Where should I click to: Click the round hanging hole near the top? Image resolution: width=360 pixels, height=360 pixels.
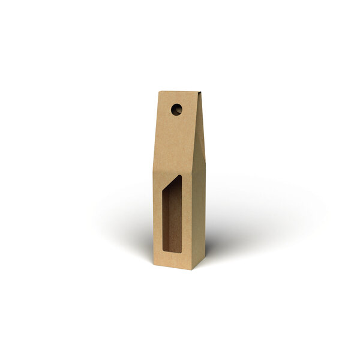click(x=176, y=109)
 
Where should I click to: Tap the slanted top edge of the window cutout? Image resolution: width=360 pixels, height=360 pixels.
click(x=173, y=184)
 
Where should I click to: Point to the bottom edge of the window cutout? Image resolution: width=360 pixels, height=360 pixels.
click(x=172, y=252)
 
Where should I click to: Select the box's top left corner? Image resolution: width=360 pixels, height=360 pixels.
click(x=160, y=92)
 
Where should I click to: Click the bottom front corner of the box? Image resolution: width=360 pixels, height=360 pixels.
click(x=191, y=269)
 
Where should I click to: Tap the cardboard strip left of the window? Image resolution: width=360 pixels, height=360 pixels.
click(x=158, y=222)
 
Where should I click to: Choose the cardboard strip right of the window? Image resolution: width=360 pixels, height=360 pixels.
click(x=187, y=222)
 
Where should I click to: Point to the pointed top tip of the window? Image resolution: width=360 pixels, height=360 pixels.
click(x=181, y=176)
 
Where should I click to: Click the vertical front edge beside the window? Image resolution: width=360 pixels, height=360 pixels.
click(x=191, y=222)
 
